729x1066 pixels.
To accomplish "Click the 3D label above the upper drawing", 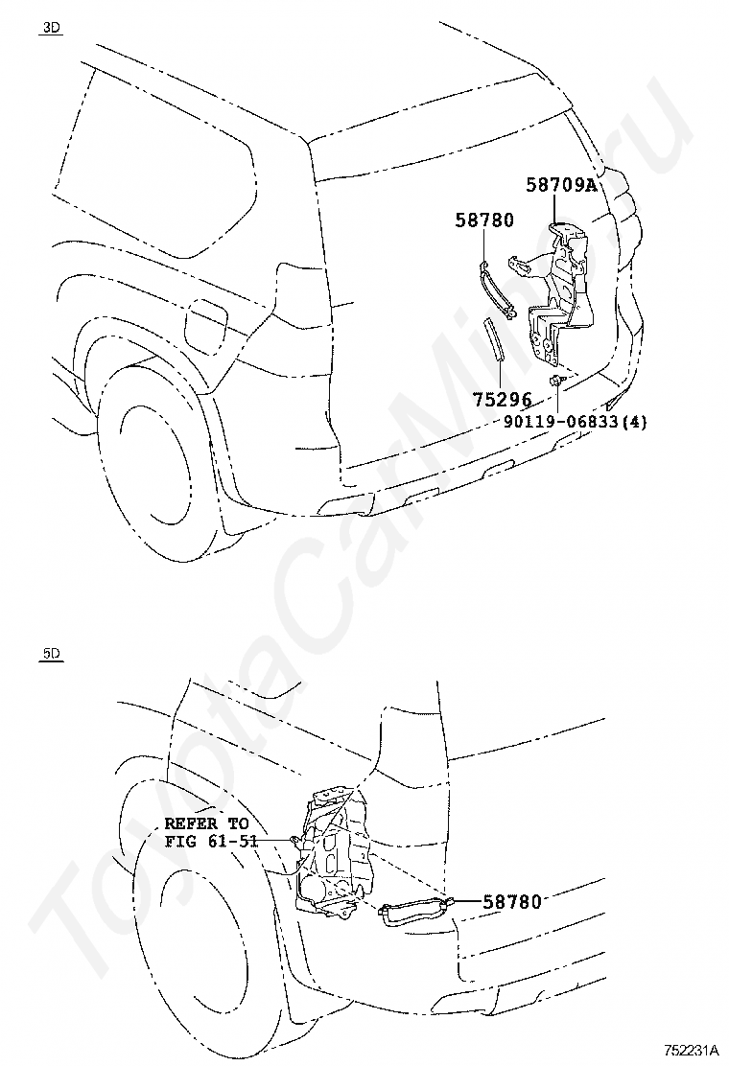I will click(51, 28).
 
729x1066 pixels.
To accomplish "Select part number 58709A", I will click(560, 185).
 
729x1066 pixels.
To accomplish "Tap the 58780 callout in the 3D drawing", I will click(483, 220).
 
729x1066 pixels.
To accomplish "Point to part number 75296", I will click(501, 398).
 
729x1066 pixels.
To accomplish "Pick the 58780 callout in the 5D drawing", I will click(512, 901).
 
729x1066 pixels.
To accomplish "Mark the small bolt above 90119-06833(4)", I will click(557, 382).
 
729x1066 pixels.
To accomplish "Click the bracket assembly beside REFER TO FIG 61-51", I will click(331, 853).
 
